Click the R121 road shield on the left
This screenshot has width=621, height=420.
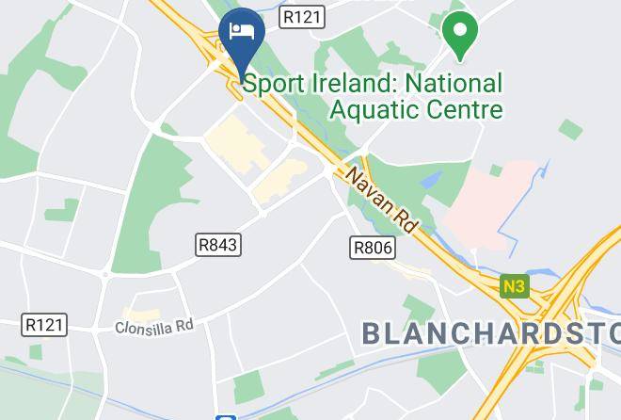click(44, 325)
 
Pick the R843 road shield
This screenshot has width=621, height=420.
click(218, 245)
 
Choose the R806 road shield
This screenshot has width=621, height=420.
click(373, 248)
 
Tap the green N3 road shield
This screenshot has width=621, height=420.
click(514, 285)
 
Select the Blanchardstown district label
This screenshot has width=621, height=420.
click(490, 332)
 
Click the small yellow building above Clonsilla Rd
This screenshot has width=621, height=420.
click(140, 313)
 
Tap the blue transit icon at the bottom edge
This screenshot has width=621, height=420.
click(224, 416)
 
